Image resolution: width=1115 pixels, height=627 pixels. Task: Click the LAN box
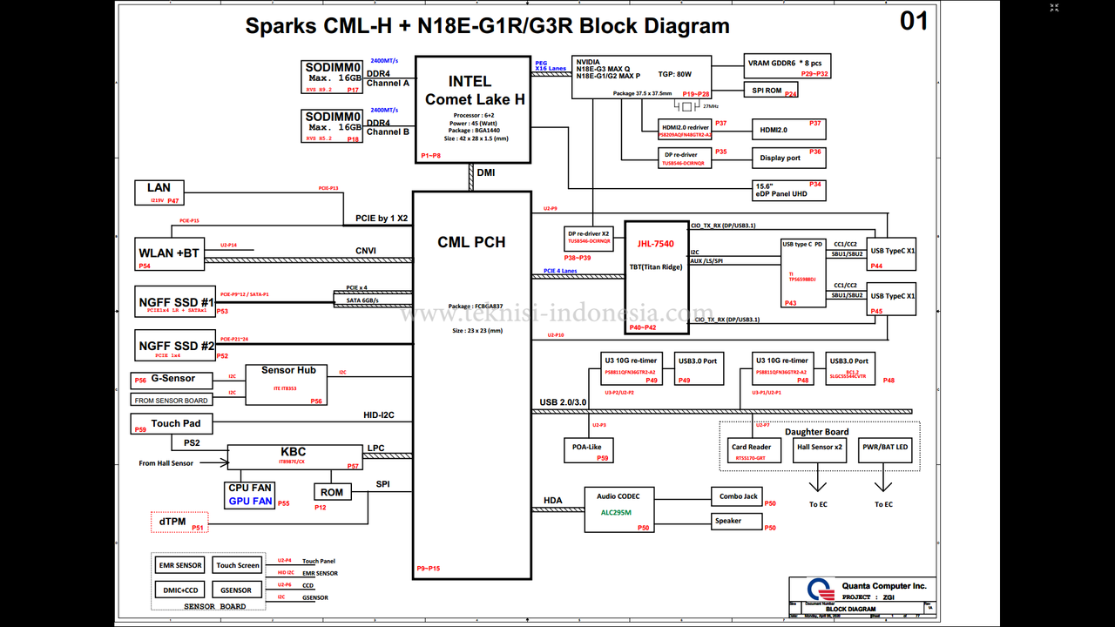pos(159,192)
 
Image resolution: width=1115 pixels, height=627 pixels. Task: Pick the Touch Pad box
pos(176,424)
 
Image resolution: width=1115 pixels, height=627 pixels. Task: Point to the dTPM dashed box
pos(179,522)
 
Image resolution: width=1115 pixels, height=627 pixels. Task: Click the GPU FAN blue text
pos(250,502)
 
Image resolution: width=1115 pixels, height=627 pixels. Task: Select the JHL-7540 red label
pos(655,244)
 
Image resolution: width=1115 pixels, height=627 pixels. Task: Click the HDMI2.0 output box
pos(788,130)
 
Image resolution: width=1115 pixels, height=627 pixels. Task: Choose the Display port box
pos(788,158)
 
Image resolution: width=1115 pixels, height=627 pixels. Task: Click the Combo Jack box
pos(737,496)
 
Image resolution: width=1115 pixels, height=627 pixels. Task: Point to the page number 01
pos(914,21)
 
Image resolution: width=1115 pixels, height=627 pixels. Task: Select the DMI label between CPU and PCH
pos(485,173)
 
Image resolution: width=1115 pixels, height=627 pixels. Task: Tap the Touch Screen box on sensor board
pos(237,565)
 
